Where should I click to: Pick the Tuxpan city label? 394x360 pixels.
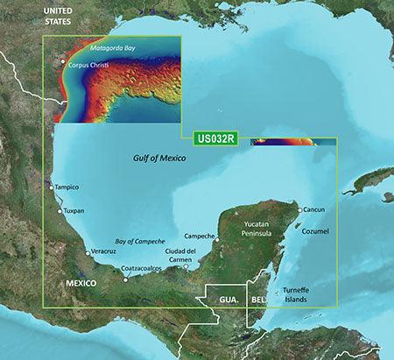(74, 211)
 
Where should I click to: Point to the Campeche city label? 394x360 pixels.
(201, 236)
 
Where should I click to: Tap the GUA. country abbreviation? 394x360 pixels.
(226, 299)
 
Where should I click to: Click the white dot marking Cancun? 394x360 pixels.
(299, 210)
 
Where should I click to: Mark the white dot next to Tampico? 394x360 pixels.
(50, 186)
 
